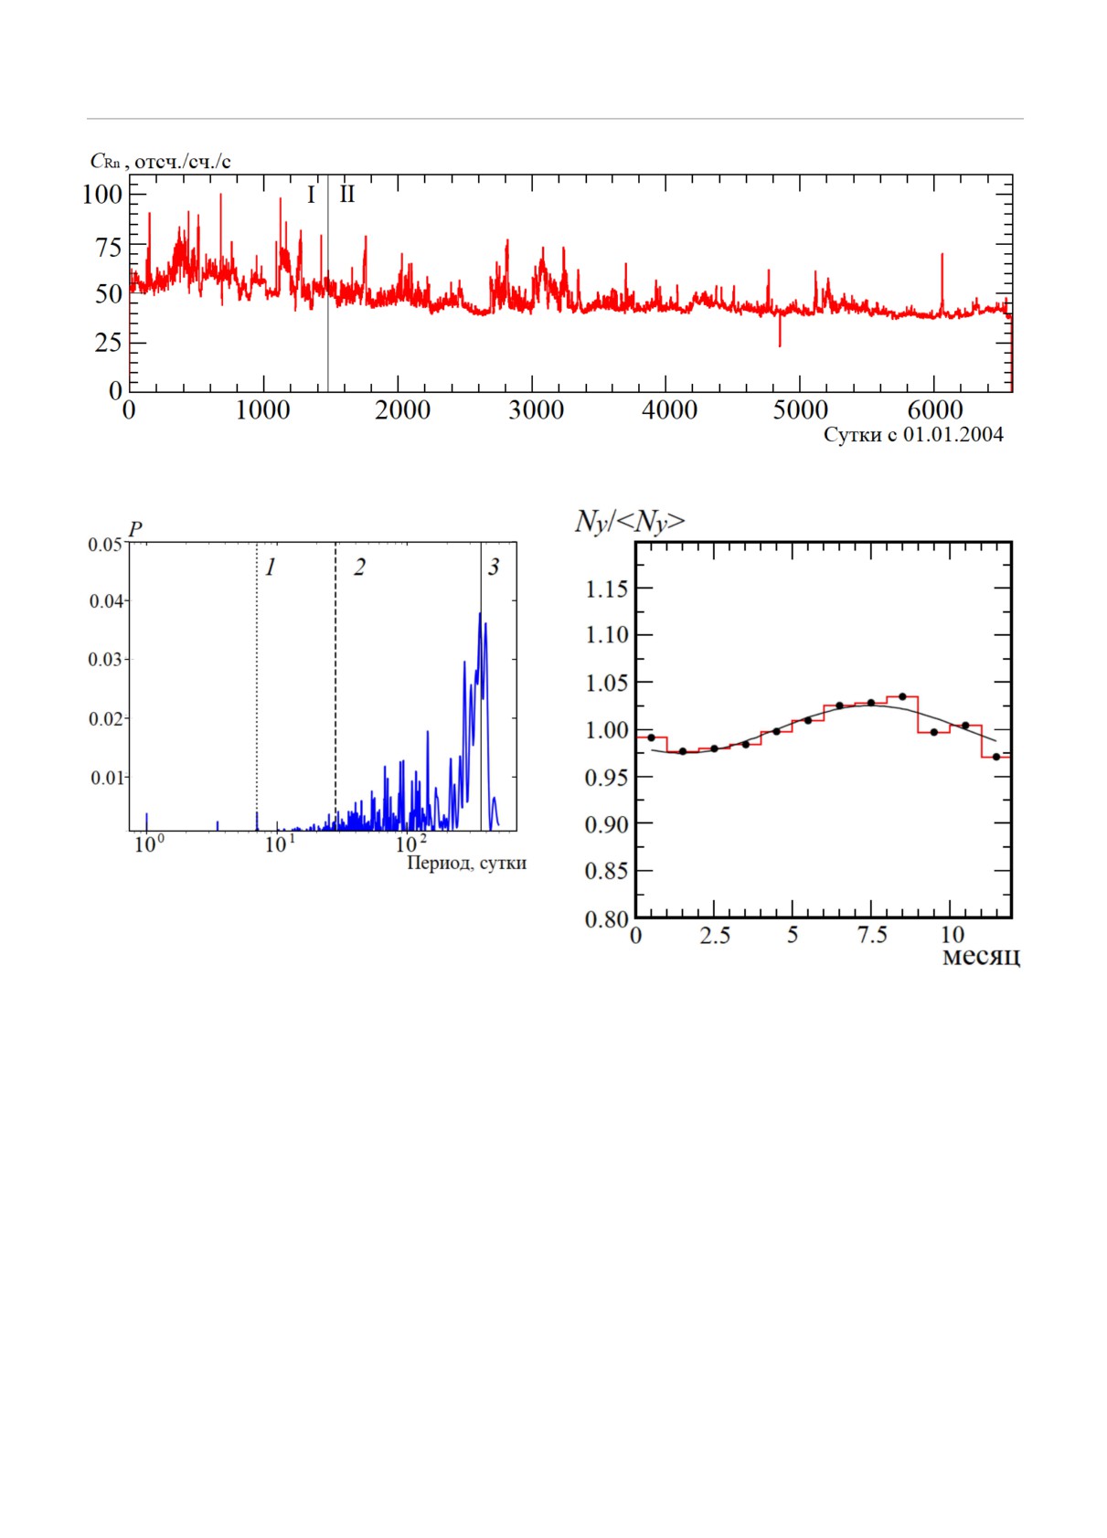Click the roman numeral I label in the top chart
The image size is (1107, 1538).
311,195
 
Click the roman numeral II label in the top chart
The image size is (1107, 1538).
347,195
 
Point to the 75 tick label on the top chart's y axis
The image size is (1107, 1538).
109,247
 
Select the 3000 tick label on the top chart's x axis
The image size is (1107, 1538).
536,410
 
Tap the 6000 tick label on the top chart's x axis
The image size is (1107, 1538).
935,410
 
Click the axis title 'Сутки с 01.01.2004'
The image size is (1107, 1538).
913,435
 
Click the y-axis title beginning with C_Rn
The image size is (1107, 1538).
160,162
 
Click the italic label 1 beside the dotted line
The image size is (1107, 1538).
271,567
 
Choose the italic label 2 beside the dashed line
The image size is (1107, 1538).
359,567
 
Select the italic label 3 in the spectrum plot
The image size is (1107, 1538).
494,567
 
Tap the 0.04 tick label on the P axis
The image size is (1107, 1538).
106,601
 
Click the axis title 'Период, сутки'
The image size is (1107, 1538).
466,864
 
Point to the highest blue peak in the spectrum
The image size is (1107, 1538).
480,615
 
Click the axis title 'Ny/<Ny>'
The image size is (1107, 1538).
630,522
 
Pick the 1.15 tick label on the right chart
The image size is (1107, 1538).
607,589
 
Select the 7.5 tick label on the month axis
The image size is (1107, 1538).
872,935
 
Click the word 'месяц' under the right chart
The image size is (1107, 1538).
981,957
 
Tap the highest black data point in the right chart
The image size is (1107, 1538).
902,696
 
